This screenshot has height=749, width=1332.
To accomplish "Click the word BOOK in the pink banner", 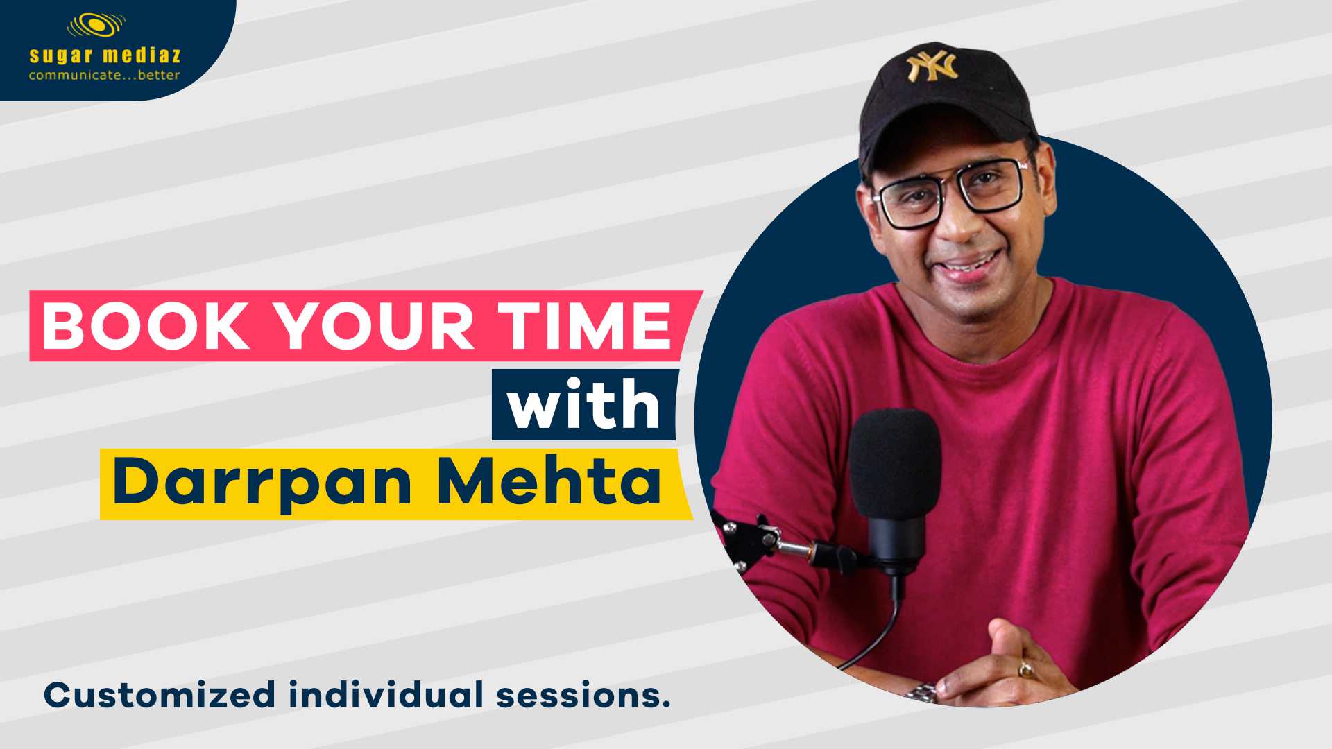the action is point(146,326).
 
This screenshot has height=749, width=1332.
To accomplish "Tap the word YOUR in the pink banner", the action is point(374,326).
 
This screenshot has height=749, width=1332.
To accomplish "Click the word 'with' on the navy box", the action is point(584,404).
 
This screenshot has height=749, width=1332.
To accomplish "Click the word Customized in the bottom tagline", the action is point(160,696).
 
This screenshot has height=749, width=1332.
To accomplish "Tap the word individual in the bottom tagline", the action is point(386,694).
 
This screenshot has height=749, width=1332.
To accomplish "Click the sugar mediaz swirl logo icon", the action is point(96,26).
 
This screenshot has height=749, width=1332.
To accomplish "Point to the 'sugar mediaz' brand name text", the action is point(105,55).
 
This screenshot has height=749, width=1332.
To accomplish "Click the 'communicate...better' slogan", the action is point(105,75).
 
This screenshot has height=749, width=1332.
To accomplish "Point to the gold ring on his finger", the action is point(1025,669).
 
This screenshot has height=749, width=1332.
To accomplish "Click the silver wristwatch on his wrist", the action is point(922,692).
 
